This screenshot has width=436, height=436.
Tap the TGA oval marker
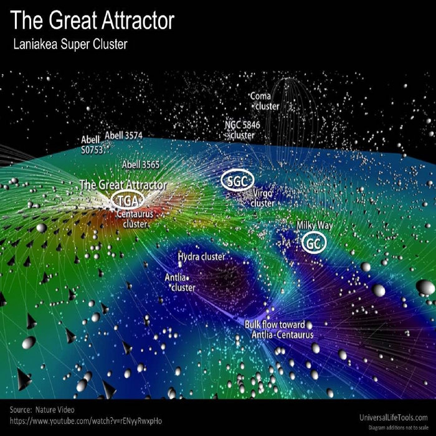click(x=128, y=199)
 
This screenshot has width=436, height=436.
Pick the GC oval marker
click(x=313, y=244)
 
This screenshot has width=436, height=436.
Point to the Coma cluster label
click(x=263, y=101)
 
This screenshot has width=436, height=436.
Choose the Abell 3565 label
click(x=141, y=164)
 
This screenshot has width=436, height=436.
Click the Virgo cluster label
click(x=263, y=199)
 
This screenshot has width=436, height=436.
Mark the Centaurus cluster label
click(x=135, y=218)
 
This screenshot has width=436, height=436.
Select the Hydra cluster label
click(x=201, y=257)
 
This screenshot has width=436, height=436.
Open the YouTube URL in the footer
click(x=86, y=422)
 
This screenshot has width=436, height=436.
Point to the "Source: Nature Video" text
click(x=42, y=409)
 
